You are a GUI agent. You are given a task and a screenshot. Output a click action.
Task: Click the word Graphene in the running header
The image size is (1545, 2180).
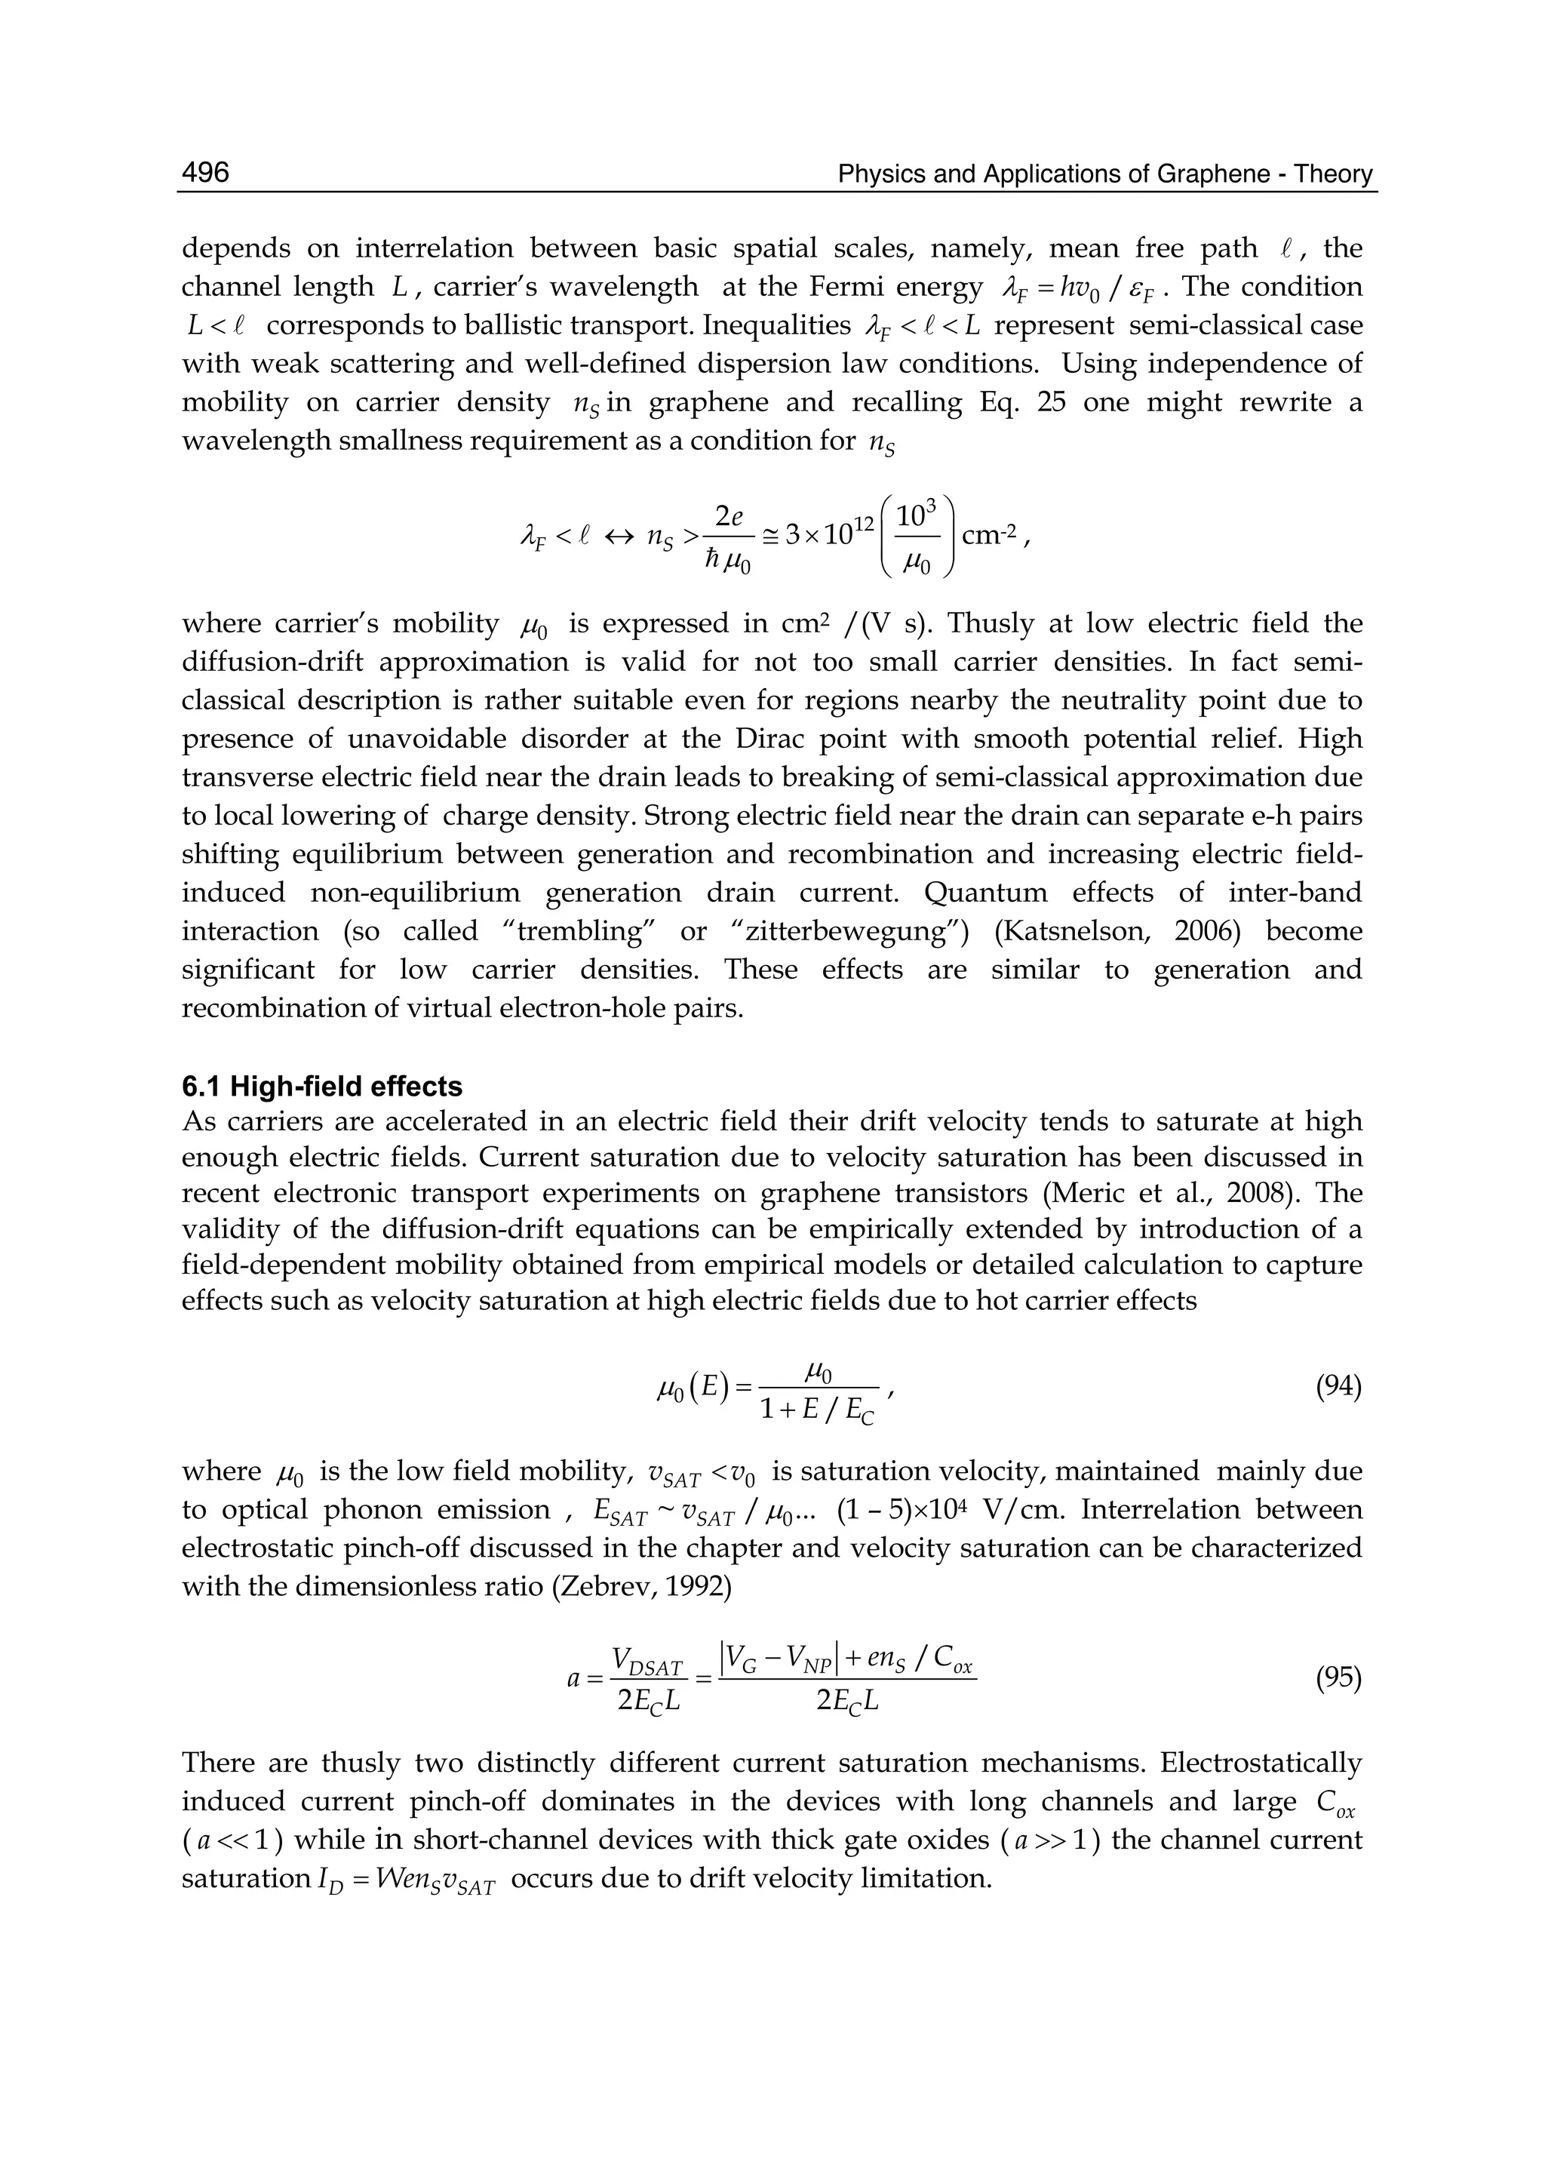1213,174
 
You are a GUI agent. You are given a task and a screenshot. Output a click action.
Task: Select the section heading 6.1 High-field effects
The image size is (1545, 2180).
321,1087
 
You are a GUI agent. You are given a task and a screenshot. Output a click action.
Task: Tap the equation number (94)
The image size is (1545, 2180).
1338,1388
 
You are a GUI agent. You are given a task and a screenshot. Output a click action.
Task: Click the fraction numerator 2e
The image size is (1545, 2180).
729,517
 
